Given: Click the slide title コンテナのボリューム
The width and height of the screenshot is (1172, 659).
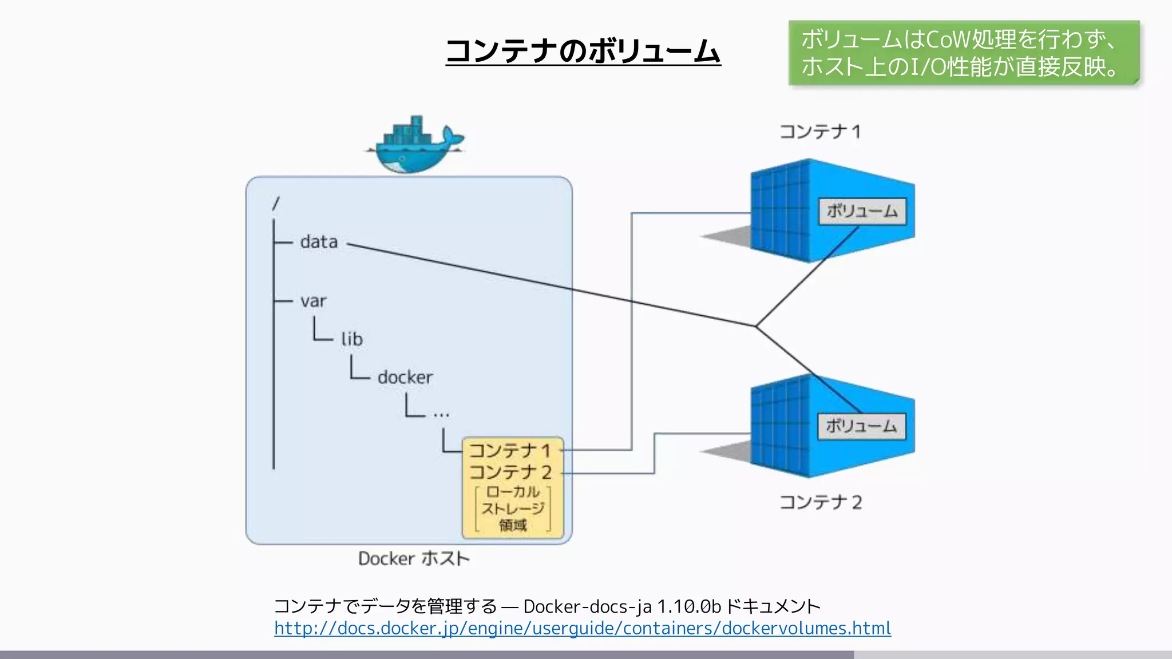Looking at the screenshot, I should pos(583,51).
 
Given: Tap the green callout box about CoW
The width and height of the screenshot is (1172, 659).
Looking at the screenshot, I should pos(963,53).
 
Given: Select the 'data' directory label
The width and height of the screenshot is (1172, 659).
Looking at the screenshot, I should pos(319,242).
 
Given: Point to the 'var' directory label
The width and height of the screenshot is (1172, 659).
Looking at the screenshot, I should pos(314,301).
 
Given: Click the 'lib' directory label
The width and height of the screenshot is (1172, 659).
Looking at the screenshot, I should pos(352,339).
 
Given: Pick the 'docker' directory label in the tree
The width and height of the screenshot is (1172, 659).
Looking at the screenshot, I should pos(405,378).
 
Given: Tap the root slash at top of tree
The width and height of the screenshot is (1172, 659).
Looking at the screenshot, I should pos(276,204).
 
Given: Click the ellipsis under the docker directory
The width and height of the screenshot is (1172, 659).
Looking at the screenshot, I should pos(441,414).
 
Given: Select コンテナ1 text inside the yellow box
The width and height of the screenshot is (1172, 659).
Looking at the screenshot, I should pos(510,451).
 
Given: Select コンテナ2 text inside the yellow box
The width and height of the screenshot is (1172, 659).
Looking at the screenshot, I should pos(510,473).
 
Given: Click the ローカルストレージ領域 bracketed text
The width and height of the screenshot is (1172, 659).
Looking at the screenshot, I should pos(513,509).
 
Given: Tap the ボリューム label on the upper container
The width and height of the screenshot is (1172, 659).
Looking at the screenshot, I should pos(862,212).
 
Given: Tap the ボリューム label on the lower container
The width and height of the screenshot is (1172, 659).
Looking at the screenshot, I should pos(861,427).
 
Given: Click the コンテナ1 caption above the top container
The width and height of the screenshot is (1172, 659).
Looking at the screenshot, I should pos(820,132).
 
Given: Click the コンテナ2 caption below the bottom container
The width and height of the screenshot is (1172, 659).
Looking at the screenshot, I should pos(820,502).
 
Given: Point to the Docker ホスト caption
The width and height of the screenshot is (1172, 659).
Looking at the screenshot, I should pos(413,558).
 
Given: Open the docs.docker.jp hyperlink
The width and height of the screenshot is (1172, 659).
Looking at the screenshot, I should pos(582,629).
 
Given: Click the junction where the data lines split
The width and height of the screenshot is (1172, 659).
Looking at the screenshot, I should pos(755,326).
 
